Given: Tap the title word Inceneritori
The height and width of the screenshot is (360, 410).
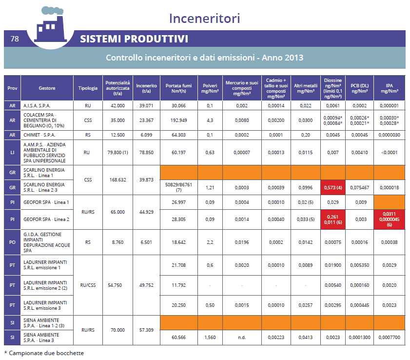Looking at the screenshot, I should [x=204, y=19].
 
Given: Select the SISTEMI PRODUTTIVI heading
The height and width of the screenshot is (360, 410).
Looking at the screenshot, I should [x=134, y=39].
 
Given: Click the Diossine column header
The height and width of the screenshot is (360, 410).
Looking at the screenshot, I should [x=332, y=88].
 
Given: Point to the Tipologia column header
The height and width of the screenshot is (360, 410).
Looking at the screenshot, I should [x=88, y=88].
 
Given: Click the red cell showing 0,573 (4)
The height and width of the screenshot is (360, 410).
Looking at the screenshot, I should [x=332, y=188].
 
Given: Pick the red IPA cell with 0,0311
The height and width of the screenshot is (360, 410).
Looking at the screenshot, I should [x=389, y=220].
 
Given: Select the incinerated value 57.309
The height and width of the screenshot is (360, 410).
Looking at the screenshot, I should [x=146, y=330].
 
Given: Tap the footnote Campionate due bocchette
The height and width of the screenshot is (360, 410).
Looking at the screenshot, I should [x=44, y=353].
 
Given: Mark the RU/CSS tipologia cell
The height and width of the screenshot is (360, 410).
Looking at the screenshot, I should [x=88, y=285].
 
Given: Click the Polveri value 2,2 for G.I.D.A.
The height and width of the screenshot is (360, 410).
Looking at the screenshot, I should [x=210, y=242].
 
